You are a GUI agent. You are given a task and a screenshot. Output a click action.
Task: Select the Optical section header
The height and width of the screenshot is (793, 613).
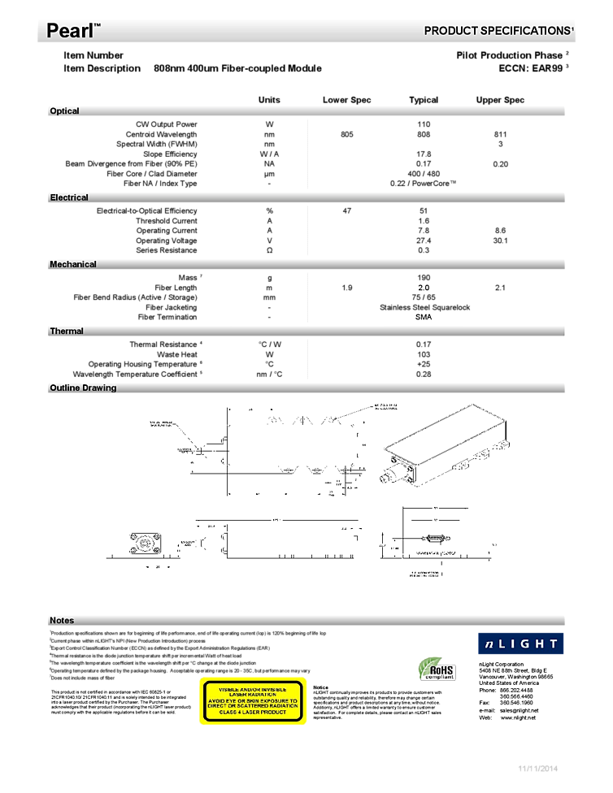point(65,111)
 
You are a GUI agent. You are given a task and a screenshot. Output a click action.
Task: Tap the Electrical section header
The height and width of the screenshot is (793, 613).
point(69,197)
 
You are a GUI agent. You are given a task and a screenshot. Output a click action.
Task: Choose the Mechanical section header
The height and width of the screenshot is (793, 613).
point(73,264)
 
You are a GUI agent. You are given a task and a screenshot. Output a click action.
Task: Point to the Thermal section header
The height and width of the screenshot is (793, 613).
point(67,331)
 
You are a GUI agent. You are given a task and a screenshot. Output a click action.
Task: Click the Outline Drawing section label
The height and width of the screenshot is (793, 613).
point(83,388)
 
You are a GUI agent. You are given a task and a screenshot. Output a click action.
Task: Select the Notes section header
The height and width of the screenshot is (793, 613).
point(62,620)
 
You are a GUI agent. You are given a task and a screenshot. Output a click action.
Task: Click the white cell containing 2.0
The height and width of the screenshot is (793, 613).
point(423,288)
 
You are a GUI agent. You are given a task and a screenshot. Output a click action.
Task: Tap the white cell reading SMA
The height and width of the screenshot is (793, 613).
point(423,317)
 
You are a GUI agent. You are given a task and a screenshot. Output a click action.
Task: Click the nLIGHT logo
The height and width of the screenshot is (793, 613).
point(520,643)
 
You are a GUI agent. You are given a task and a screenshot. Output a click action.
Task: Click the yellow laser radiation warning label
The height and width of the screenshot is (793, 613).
point(253,701)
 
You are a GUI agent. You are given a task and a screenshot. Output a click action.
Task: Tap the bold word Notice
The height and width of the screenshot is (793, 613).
point(321,687)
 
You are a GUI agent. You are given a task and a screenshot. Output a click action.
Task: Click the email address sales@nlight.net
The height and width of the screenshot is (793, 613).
point(520,710)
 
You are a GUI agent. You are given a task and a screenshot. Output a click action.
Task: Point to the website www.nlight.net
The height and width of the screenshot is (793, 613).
point(519,718)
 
